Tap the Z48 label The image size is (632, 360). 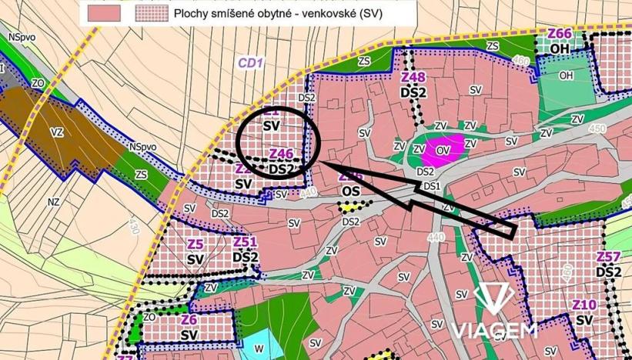414,78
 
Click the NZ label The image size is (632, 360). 53,202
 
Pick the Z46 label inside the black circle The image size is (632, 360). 281,154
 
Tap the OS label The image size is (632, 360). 351,190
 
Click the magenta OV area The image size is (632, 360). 442,148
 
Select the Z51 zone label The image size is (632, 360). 245,242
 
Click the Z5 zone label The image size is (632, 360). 196,245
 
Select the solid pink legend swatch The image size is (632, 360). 105,13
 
